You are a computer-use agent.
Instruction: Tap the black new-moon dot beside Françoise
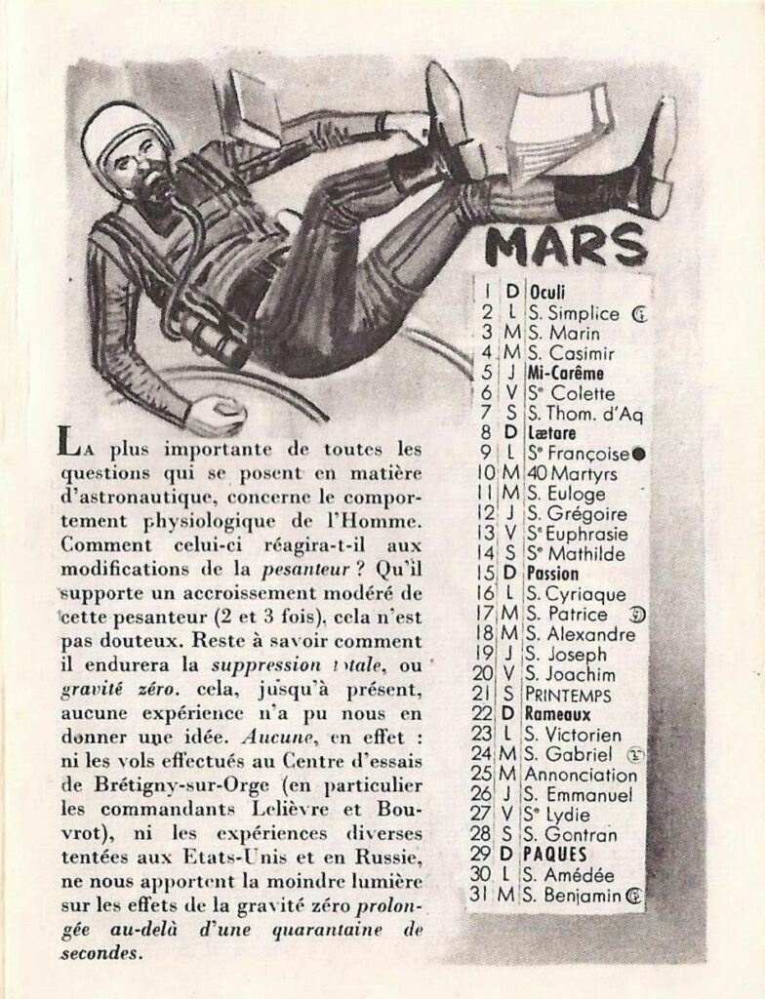[x=637, y=454]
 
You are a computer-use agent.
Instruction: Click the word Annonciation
[x=582, y=775]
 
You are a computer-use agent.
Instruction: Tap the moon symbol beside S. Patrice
[x=635, y=615]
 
